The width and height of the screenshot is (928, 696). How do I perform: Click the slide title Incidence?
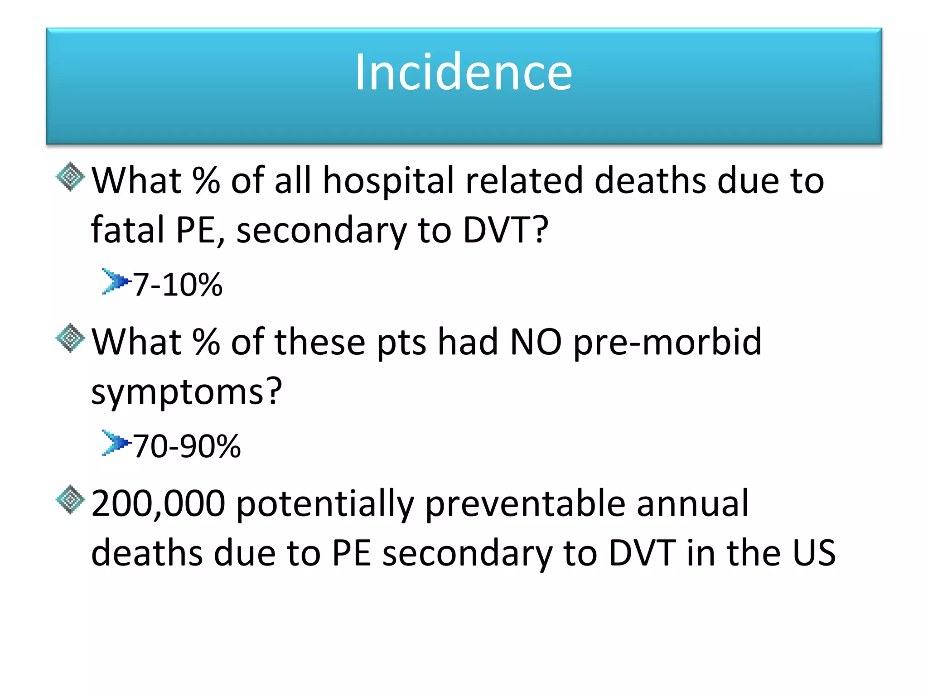click(464, 72)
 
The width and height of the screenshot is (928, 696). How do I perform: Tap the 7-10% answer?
click(178, 285)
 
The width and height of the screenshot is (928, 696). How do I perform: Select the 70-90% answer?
click(187, 446)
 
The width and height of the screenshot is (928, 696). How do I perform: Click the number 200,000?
click(158, 503)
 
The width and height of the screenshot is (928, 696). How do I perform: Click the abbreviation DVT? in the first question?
click(505, 230)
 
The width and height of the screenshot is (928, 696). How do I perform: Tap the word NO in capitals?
click(536, 342)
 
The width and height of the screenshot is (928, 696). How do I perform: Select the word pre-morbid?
click(667, 343)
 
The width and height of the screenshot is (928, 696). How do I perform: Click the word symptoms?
click(187, 392)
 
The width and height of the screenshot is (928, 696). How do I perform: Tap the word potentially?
click(325, 504)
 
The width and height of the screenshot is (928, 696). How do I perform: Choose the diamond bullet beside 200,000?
click(70, 499)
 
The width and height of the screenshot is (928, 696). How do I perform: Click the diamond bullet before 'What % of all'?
click(70, 177)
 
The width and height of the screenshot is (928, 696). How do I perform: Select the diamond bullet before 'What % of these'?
click(70, 338)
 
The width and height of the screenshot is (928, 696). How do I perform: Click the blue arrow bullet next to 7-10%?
click(115, 281)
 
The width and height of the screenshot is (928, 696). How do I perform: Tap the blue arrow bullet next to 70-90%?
click(115, 443)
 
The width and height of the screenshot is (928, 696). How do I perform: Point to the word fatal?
click(127, 230)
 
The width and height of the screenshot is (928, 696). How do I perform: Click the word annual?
click(692, 503)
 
